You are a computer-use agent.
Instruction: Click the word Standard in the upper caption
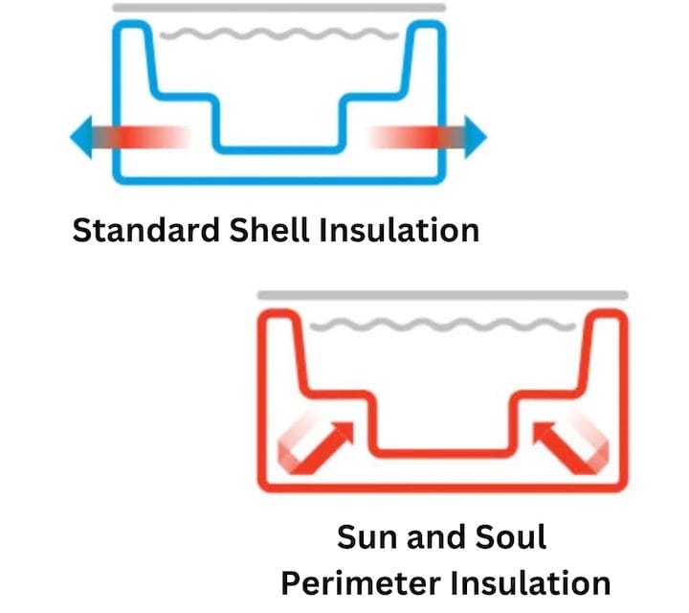141,231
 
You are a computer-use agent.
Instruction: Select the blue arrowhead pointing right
475,137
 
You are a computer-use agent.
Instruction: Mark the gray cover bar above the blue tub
278,8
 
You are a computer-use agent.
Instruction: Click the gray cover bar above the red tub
443,295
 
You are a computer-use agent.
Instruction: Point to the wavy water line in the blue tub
278,37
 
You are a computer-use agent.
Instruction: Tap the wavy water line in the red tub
443,326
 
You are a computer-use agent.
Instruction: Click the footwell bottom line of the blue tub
278,148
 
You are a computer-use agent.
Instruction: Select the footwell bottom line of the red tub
443,451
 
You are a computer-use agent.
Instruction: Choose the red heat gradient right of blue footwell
402,137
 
